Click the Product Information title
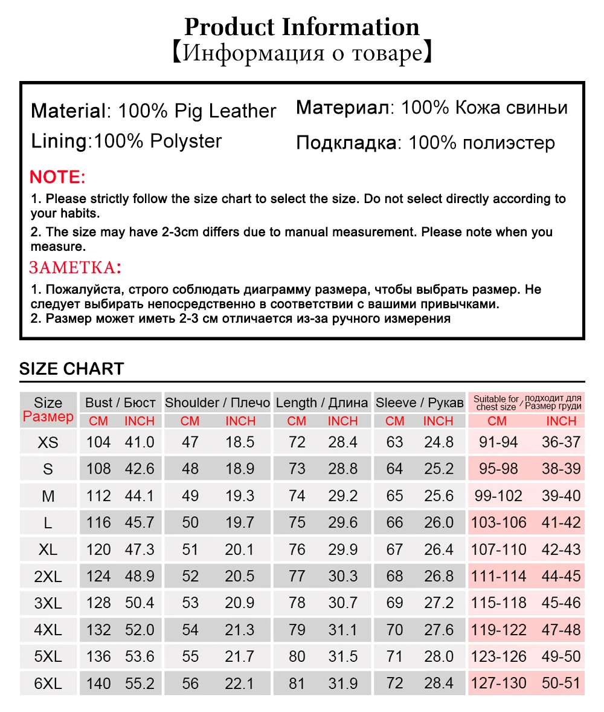[x=301, y=27]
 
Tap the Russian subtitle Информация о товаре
[x=301, y=54]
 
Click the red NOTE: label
[x=58, y=177]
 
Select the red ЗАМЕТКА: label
[x=75, y=267]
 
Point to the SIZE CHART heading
[x=71, y=369]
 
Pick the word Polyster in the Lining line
[x=186, y=141]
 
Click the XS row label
[x=48, y=442]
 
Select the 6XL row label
[x=48, y=684]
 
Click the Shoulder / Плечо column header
[x=218, y=403]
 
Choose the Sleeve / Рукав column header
[x=420, y=403]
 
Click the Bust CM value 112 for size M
[x=98, y=496]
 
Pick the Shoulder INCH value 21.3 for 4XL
[x=240, y=630]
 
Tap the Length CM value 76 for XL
[x=297, y=549]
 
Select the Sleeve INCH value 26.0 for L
[x=439, y=523]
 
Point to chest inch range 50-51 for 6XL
[x=561, y=684]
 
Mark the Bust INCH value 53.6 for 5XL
[x=140, y=656]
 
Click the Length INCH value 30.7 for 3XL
[x=343, y=603]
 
